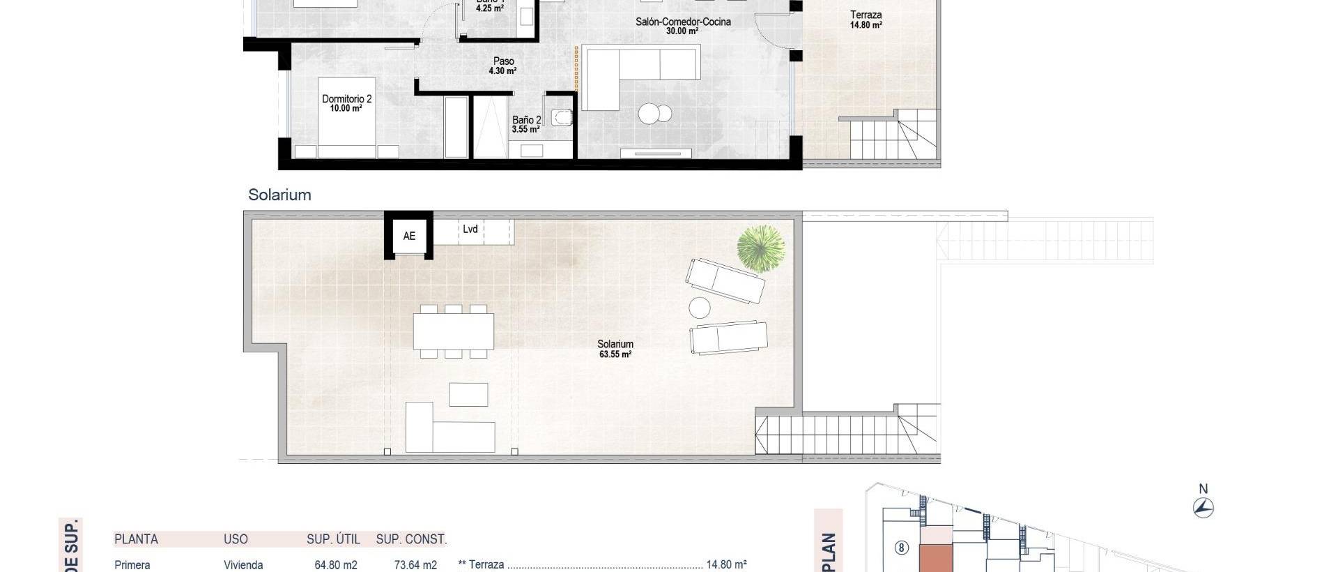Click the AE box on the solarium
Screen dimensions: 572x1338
pos(409,236)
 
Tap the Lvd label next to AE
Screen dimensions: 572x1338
pos(470,229)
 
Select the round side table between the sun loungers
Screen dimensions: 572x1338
pos(699,308)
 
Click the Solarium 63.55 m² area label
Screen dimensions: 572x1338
pos(615,349)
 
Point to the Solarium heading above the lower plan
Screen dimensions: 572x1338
pos(279,195)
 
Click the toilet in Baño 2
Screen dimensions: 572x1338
pos(562,117)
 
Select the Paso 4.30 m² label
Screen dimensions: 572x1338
pos(503,66)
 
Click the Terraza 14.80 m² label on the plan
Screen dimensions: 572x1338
pos(866,20)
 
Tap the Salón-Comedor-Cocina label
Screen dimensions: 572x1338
pos(683,26)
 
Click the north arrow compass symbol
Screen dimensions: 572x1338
pos(1204,507)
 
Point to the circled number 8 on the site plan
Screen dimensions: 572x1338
pos(901,548)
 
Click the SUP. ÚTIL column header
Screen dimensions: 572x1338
pos(333,539)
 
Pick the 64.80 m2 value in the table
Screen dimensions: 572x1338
pos(336,565)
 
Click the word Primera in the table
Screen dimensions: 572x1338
pos(132,565)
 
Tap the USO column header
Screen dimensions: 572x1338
pos(236,539)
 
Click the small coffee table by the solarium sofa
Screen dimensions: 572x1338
pos(468,394)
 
